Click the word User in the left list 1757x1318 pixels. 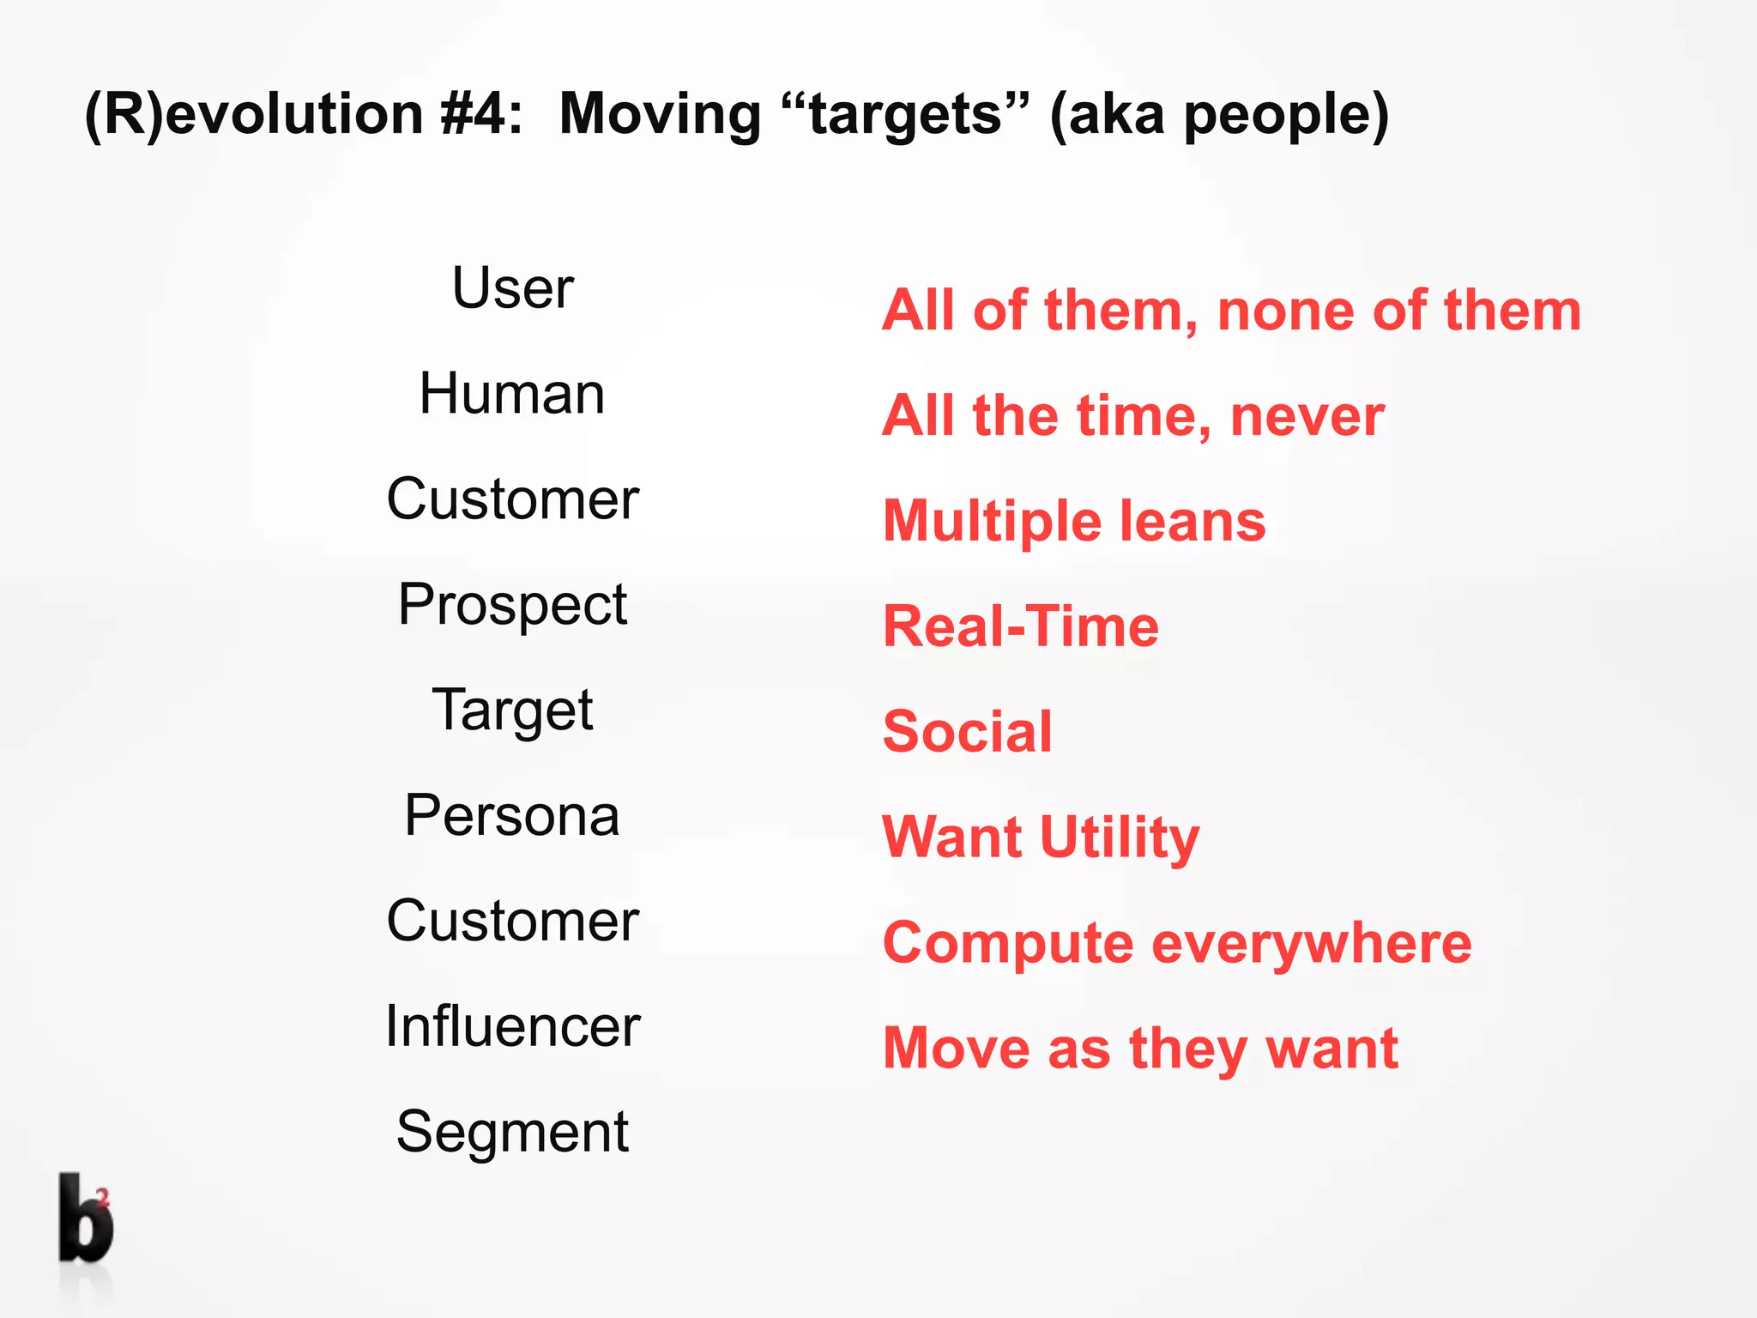pos(512,288)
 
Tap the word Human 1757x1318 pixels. pos(512,394)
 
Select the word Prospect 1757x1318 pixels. pos(512,606)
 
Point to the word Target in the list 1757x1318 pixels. pos(512,710)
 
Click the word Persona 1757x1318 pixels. pos(512,815)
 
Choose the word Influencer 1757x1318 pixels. pos(512,1026)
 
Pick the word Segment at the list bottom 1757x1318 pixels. pos(512,1133)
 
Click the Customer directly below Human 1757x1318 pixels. pos(512,499)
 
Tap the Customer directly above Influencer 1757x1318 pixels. pos(512,922)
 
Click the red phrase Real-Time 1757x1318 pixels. pos(1021,626)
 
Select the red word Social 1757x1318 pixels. pos(967,732)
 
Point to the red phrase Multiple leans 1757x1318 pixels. pos(1074,521)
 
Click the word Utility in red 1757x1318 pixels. pos(1120,838)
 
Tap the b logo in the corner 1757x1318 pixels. pos(86,1218)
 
